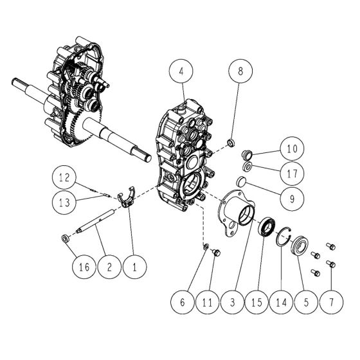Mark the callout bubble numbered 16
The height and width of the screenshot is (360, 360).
(x=81, y=265)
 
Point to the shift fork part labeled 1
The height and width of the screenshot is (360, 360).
(x=127, y=197)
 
